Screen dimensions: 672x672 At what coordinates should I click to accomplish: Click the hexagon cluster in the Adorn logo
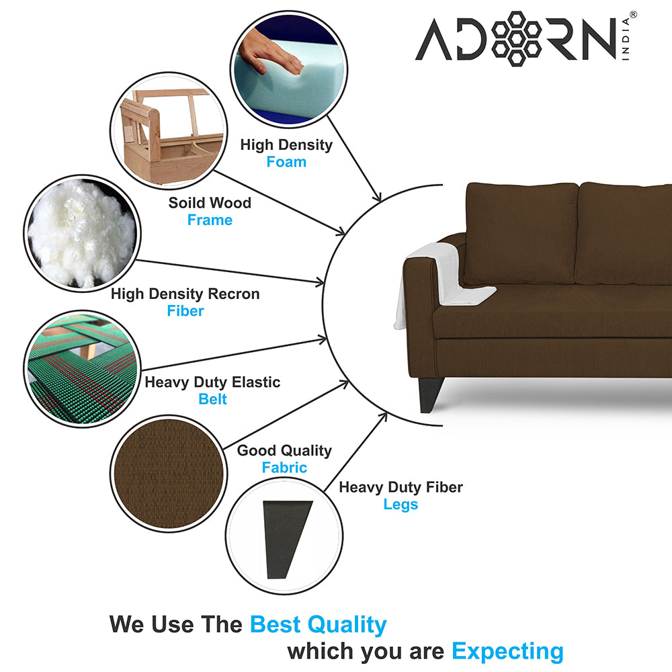(x=516, y=38)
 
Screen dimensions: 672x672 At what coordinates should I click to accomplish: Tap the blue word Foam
(x=286, y=162)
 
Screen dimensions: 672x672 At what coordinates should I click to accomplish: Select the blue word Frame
(x=210, y=220)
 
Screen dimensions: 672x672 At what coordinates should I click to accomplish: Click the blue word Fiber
(x=185, y=310)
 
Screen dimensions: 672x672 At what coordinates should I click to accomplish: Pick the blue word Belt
(x=212, y=399)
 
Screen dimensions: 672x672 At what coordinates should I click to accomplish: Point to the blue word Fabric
(x=284, y=467)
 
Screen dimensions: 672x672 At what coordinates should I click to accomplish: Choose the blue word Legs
(x=401, y=505)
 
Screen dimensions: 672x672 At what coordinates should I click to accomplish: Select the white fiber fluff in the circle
(x=81, y=235)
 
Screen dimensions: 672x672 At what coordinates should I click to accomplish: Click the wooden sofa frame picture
(x=169, y=131)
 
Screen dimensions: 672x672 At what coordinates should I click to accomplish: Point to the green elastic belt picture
(x=82, y=368)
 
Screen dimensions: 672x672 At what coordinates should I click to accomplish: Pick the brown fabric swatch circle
(x=169, y=474)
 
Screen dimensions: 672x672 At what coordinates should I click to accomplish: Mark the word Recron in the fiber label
(x=234, y=294)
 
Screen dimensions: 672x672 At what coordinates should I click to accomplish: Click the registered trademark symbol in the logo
(x=633, y=15)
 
